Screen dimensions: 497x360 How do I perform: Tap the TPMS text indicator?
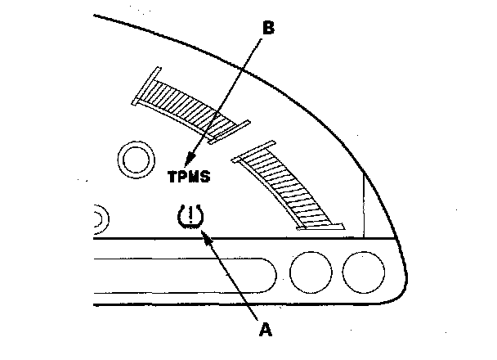coord(190,176)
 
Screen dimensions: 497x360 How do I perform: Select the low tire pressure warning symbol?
coord(190,218)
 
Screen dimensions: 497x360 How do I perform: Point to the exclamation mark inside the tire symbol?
coord(190,217)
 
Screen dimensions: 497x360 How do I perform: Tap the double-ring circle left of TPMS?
coord(137,161)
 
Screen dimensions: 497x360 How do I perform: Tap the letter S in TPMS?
coord(206,176)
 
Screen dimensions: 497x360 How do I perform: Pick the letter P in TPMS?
coord(183,176)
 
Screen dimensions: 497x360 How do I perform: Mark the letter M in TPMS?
coord(195,176)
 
